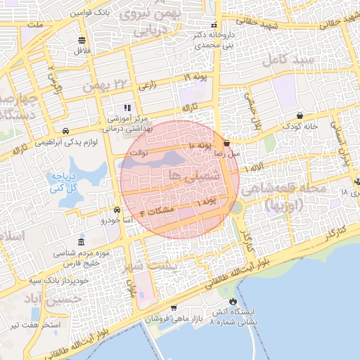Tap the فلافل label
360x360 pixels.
pyautogui.click(x=82, y=51)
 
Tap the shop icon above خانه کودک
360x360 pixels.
pyautogui.click(x=300, y=115)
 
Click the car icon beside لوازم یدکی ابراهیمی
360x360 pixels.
pyautogui.click(x=65, y=131)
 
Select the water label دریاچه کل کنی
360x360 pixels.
pyautogui.click(x=58, y=181)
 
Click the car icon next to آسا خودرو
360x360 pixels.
pyautogui.click(x=117, y=210)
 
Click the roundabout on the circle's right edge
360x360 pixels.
pyautogui.click(x=236, y=208)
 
